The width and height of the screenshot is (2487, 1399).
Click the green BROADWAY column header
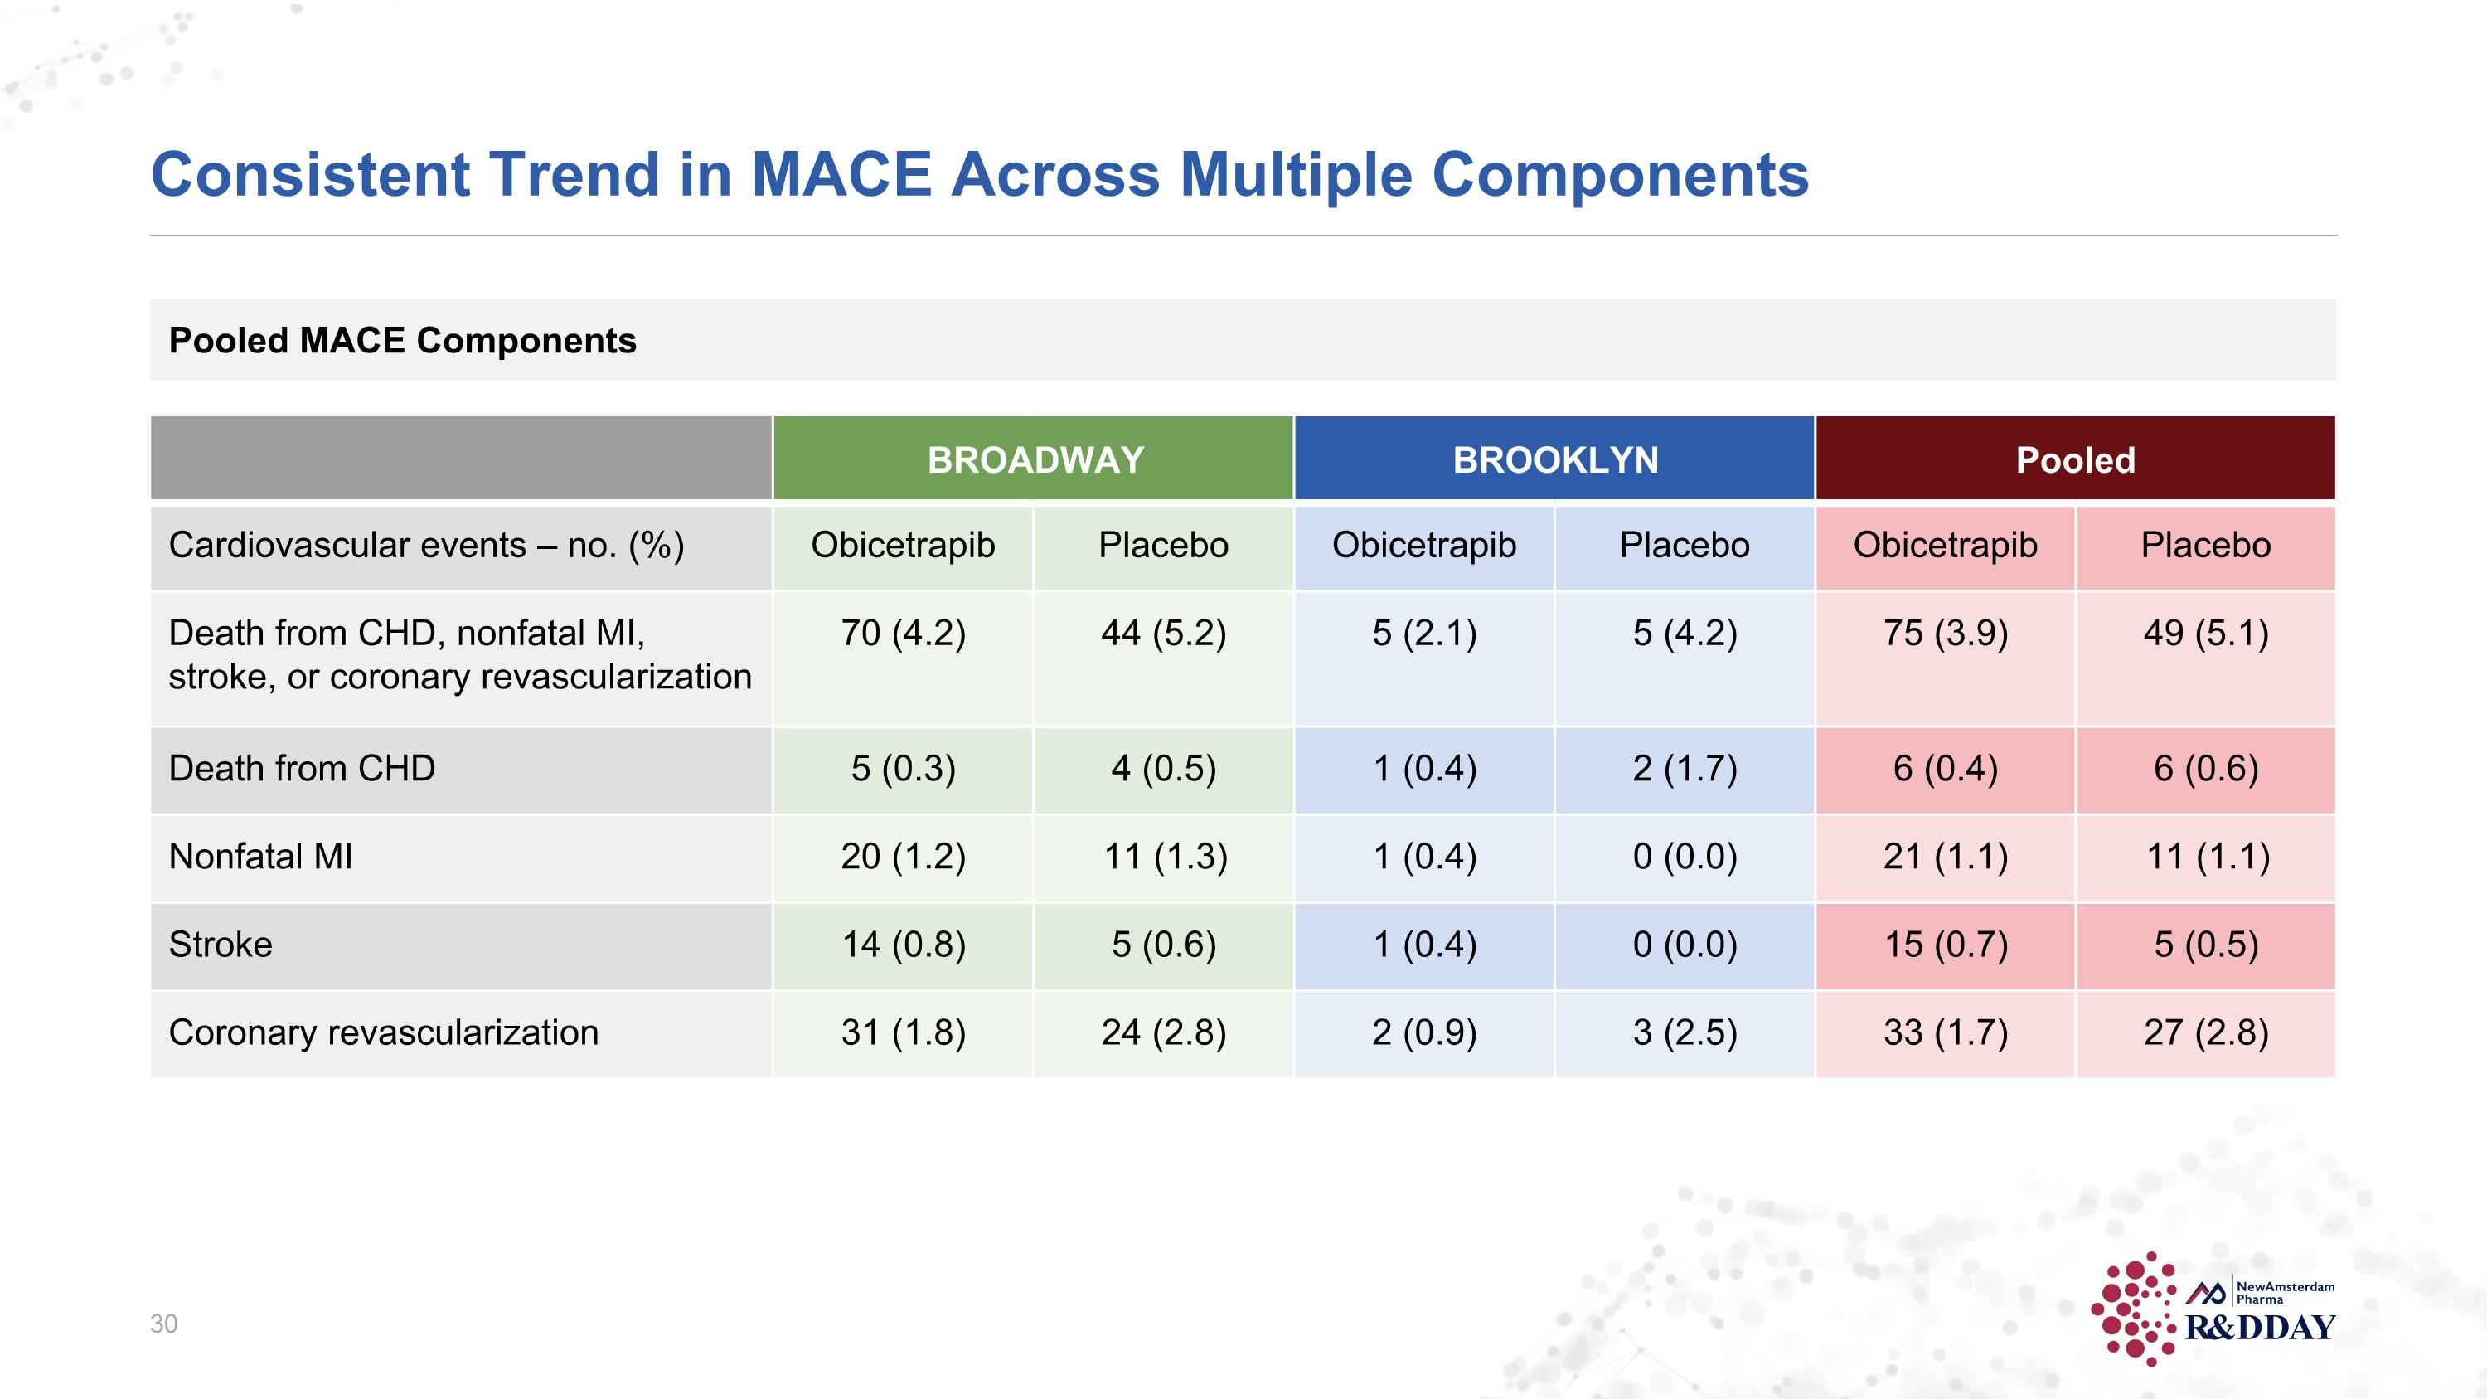click(1035, 459)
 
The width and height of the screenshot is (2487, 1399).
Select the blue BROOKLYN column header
click(1555, 459)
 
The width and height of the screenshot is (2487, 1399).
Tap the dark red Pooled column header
click(2076, 459)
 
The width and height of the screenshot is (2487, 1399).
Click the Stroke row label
click(221, 945)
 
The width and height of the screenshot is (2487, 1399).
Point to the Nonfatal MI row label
click(260, 857)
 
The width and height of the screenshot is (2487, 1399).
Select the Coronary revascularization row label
click(383, 1032)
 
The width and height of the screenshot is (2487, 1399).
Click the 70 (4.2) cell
click(904, 634)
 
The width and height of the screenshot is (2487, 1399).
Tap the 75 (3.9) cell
click(1946, 634)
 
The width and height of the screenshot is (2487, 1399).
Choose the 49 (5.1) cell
click(2206, 634)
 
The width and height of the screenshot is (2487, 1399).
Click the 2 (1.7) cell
click(1685, 769)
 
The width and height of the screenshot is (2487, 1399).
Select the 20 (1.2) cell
click(904, 857)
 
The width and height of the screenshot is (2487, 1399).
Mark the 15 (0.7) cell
click(1946, 945)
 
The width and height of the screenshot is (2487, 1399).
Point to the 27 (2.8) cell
click(2206, 1032)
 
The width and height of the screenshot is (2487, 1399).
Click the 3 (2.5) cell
click(1685, 1032)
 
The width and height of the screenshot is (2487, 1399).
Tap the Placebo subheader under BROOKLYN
click(1685, 546)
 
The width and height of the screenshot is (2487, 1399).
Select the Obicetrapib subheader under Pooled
click(1946, 546)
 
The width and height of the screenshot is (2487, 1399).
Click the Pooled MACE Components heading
click(403, 341)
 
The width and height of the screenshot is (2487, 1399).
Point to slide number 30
click(164, 1324)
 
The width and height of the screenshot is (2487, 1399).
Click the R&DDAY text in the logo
click(2260, 1328)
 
